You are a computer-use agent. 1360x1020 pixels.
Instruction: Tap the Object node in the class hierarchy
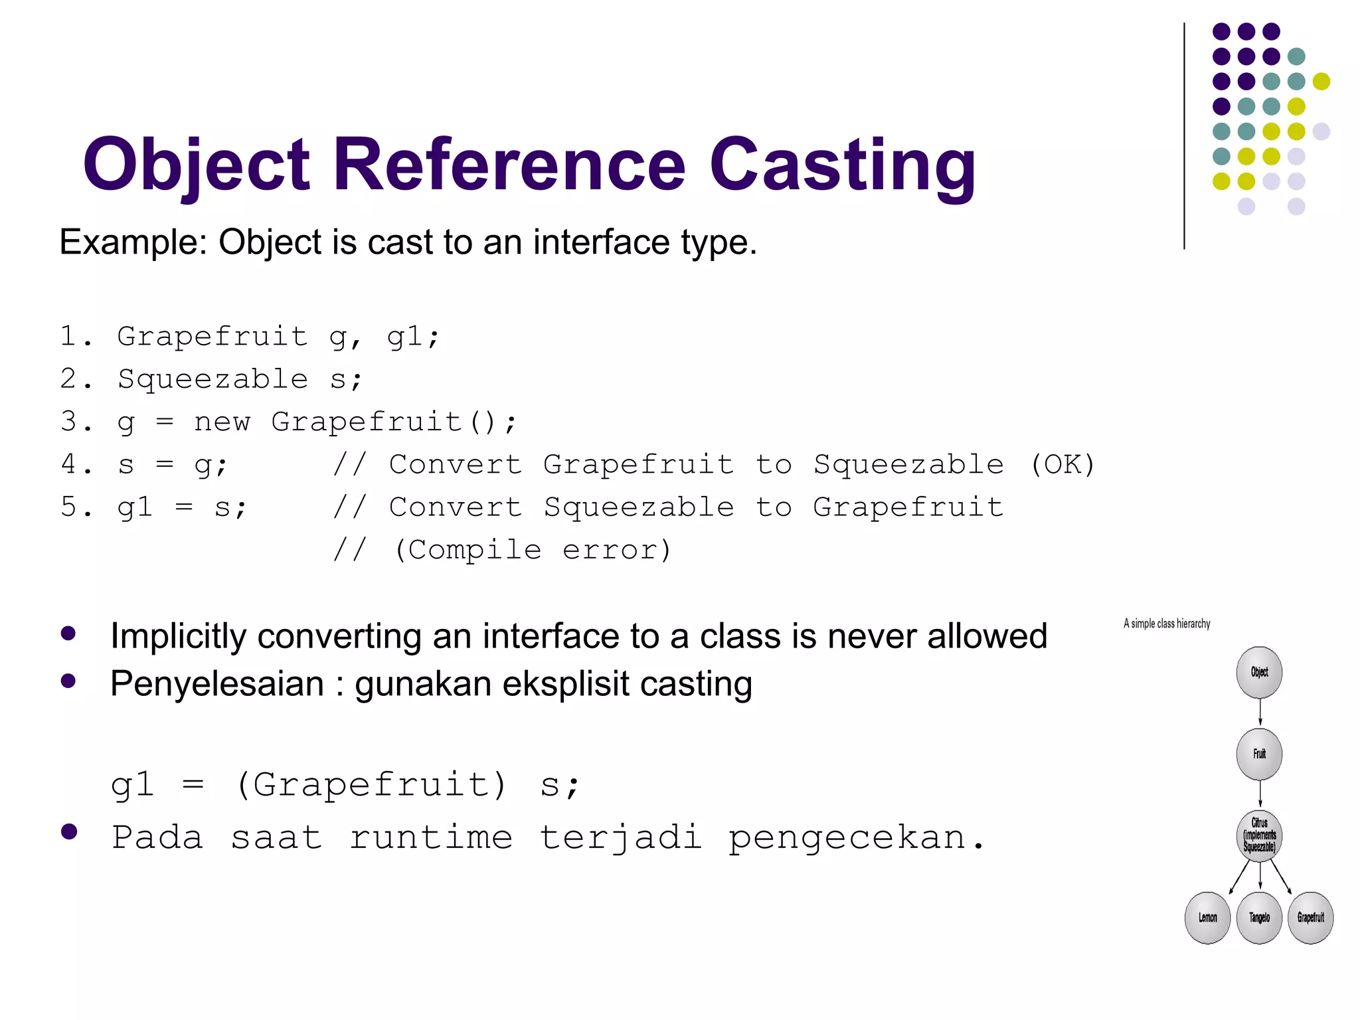pyautogui.click(x=1259, y=672)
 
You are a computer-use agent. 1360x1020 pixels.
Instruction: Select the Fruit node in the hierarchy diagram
pyautogui.click(x=1259, y=754)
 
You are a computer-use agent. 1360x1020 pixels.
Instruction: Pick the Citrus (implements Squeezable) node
pyautogui.click(x=1259, y=835)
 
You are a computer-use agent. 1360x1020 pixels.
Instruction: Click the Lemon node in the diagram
pyautogui.click(x=1207, y=918)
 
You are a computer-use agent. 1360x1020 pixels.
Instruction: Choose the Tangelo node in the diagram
pyautogui.click(x=1259, y=918)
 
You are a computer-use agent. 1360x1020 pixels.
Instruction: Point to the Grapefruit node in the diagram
pyautogui.click(x=1310, y=918)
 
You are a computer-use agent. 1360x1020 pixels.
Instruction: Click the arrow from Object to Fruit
pyautogui.click(x=1260, y=713)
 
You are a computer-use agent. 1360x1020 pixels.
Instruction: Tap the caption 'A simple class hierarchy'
pyautogui.click(x=1167, y=624)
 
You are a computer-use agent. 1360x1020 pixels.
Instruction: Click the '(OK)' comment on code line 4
pyautogui.click(x=1062, y=464)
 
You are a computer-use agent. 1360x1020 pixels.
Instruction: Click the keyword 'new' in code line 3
pyautogui.click(x=222, y=422)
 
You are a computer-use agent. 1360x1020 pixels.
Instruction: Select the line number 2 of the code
pyautogui.click(x=69, y=379)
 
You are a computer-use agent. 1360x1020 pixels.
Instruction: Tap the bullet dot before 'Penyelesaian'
pyautogui.click(x=68, y=681)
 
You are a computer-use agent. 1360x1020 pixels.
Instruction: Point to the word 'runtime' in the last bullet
pyautogui.click(x=431, y=837)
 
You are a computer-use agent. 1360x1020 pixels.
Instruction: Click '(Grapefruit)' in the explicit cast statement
pyautogui.click(x=372, y=785)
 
